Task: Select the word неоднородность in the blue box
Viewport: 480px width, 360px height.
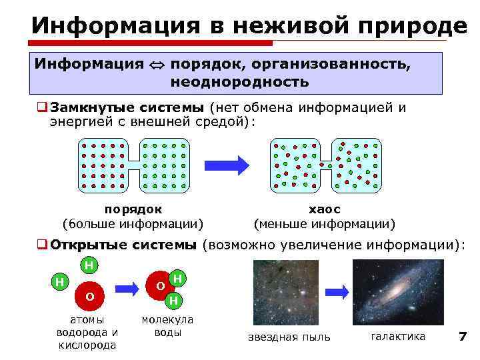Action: tap(239, 83)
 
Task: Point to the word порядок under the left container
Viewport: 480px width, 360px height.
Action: tap(133, 209)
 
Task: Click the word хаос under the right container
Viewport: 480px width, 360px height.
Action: tap(324, 209)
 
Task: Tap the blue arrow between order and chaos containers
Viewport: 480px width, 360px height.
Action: tap(226, 164)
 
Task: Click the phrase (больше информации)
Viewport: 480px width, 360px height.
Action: tap(133, 223)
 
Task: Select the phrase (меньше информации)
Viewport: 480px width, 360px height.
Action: tap(324, 223)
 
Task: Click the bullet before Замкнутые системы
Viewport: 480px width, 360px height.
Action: tap(41, 107)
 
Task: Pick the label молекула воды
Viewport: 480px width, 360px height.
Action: tap(167, 326)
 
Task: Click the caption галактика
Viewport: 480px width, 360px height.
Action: tap(398, 336)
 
